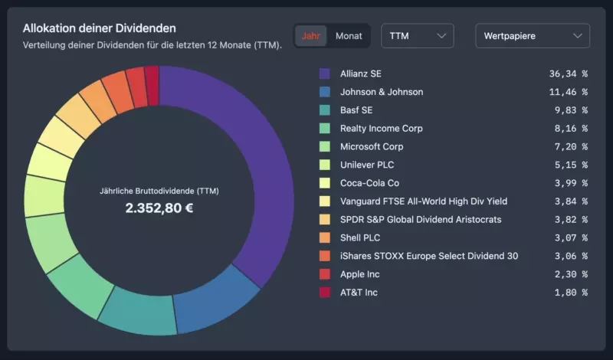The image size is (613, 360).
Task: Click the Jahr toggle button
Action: (311, 36)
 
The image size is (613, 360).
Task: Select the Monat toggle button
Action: (349, 36)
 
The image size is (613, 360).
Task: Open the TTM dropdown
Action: (417, 36)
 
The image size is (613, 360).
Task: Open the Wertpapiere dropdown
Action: (533, 36)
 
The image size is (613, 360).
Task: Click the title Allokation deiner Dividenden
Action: (99, 28)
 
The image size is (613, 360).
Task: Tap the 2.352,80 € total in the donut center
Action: (159, 208)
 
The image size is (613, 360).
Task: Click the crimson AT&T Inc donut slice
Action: (152, 77)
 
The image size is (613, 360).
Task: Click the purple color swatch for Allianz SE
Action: (325, 74)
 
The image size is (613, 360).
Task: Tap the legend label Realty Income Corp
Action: (381, 129)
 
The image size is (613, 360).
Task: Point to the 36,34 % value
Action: (568, 74)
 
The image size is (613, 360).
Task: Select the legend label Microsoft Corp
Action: (372, 146)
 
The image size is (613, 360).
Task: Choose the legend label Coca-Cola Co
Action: (369, 183)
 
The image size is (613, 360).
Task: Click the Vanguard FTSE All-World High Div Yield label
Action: (424, 201)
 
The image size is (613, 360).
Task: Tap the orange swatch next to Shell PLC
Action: (325, 237)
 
